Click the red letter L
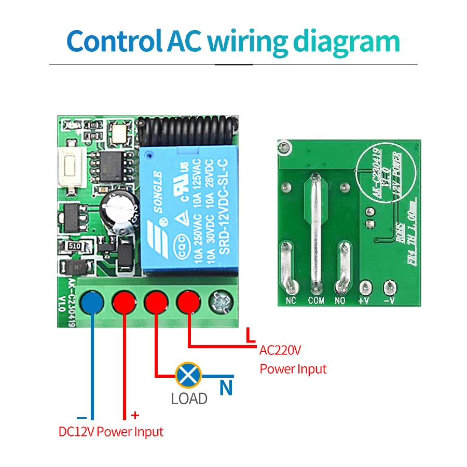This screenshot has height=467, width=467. point(251,336)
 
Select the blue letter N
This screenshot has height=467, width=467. point(226,388)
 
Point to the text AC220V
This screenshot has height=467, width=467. point(280,351)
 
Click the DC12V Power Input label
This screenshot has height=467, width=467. point(111,432)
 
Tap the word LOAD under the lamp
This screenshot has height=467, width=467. point(189,399)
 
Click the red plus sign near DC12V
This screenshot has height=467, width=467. point(135,415)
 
